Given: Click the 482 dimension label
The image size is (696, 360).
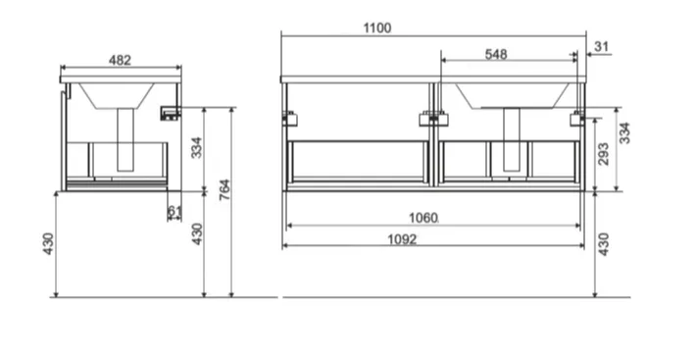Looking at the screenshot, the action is pyautogui.click(x=120, y=60).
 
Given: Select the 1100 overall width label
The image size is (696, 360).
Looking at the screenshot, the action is pyautogui.click(x=377, y=28).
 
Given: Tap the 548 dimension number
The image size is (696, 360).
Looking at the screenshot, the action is pyautogui.click(x=496, y=54).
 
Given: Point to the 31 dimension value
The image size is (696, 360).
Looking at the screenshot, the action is pyautogui.click(x=601, y=46).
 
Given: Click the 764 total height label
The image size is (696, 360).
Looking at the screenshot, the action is pyautogui.click(x=224, y=189).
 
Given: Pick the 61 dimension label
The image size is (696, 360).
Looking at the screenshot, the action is pyautogui.click(x=174, y=213).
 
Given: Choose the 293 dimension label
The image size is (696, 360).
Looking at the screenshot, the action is pyautogui.click(x=603, y=154).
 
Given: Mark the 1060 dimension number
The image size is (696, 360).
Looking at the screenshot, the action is pyautogui.click(x=423, y=218).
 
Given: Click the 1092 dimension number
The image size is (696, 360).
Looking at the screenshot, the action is pyautogui.click(x=402, y=239).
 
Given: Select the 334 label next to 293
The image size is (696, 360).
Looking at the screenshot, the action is pyautogui.click(x=624, y=133).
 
